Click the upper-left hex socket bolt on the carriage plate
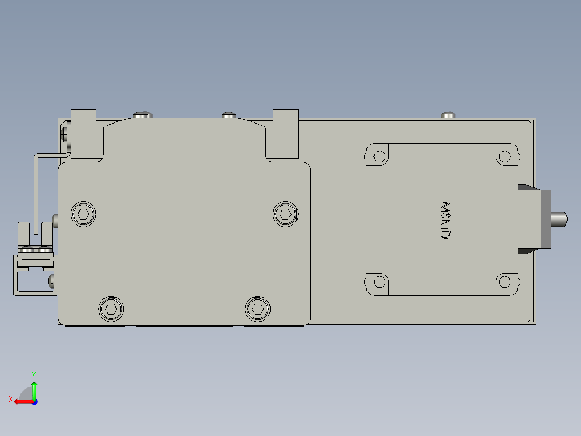click(84, 214)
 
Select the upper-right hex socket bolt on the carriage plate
click(285, 214)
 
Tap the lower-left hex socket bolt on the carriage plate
click(111, 309)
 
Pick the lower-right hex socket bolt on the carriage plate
click(257, 309)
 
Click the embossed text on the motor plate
click(445, 220)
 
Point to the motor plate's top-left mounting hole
click(379, 157)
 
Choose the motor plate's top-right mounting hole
click(504, 157)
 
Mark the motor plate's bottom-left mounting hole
click(379, 282)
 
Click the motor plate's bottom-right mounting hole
click(504, 282)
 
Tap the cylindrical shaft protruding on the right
click(559, 219)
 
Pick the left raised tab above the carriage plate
click(84, 132)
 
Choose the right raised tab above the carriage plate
click(285, 132)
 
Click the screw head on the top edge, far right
click(448, 115)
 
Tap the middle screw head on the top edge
click(229, 115)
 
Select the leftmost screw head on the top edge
click(142, 114)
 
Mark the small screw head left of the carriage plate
click(56, 220)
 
